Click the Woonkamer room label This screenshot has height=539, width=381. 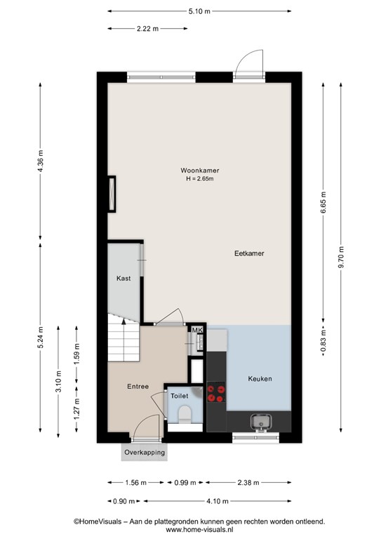(199, 170)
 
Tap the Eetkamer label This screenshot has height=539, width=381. (249, 253)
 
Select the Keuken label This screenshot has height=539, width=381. (260, 378)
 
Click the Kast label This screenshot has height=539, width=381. (123, 278)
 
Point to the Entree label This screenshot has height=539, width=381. (138, 387)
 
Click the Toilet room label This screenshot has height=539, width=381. (180, 396)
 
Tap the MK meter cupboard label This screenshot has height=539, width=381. (197, 330)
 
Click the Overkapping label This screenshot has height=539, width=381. (145, 453)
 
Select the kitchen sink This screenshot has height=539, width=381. (261, 422)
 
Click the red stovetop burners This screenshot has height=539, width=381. (216, 393)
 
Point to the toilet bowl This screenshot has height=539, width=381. (185, 413)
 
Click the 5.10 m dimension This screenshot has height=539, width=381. (199, 11)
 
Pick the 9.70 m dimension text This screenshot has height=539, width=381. (341, 257)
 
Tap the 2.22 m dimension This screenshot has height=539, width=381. (148, 29)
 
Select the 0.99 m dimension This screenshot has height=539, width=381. (185, 483)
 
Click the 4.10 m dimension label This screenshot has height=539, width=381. (218, 501)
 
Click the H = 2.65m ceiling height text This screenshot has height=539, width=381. (199, 179)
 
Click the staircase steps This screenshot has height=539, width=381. (123, 338)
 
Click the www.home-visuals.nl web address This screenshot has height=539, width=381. (199, 530)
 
